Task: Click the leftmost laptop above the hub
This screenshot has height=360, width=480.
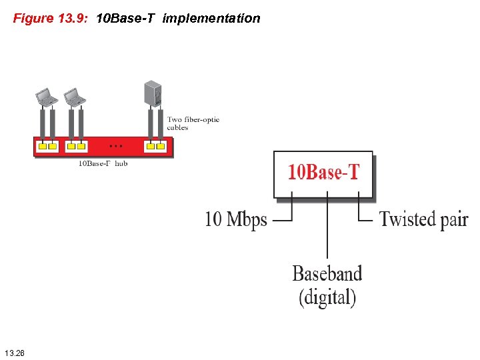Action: tap(47, 97)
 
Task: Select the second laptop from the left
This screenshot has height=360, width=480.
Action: tap(75, 97)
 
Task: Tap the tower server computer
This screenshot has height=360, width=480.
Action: tap(153, 93)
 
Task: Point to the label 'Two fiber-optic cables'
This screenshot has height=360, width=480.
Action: tap(193, 123)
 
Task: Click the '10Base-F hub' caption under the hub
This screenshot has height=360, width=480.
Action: tap(103, 163)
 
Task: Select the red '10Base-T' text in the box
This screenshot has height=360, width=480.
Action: tap(323, 172)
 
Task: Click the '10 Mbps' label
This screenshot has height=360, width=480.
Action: tap(236, 219)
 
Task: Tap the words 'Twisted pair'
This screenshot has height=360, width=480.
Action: tap(423, 219)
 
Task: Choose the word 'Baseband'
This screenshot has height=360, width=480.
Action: tap(327, 273)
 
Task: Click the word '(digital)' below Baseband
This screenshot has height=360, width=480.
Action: tap(327, 297)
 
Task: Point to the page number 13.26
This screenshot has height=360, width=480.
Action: tap(14, 351)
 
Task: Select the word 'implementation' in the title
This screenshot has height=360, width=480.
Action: tap(211, 19)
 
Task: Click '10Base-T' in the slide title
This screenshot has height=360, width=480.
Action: tap(125, 19)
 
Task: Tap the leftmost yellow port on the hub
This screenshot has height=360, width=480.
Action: tap(42, 146)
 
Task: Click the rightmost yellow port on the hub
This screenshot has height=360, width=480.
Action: tap(161, 146)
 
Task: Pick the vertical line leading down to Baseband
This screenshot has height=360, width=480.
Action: tap(327, 227)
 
